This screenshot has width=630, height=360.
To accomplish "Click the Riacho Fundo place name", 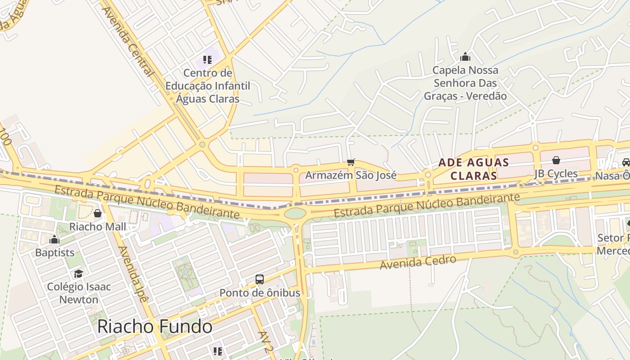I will pos(155,326).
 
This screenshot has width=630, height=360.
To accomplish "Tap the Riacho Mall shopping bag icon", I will pos(98,213).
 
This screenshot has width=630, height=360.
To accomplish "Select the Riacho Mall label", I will pos(98,226).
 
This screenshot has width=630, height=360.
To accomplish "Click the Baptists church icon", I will pos(54,239).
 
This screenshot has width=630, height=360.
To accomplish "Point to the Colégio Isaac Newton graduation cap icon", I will pos(79,274).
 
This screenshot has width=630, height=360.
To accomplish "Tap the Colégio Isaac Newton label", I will pos(79,293).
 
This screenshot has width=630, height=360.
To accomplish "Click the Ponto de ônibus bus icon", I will pos(260,279).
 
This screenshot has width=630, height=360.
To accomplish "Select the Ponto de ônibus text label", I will pos(260,293).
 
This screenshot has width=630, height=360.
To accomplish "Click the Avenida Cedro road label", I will pos(418,262).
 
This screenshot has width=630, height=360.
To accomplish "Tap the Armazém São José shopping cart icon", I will pos(351,162).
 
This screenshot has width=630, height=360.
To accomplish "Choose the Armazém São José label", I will pos(351,175).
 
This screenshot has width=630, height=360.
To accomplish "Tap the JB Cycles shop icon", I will pos(556,160).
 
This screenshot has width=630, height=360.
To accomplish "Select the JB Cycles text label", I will pos(556,174).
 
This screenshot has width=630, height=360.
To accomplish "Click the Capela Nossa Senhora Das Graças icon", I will pos(465,57).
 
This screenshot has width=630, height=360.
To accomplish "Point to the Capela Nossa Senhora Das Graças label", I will pos(465,83).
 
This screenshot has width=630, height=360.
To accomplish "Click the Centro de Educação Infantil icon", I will pos(207,59).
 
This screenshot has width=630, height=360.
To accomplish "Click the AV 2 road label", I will pos(266,342).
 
